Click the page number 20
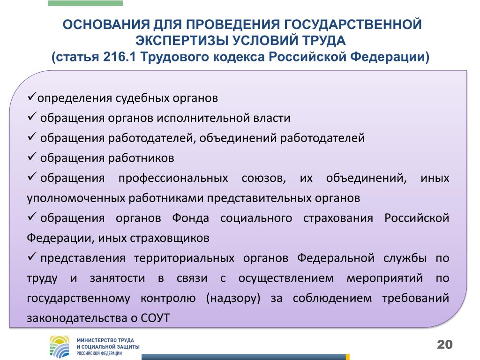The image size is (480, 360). (444, 345)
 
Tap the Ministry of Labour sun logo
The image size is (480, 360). (60, 346)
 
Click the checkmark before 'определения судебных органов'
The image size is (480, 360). (32, 97)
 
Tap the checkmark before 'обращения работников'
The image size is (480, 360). (32, 157)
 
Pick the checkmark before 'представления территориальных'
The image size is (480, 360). (32, 256)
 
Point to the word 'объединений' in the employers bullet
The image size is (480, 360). (238, 138)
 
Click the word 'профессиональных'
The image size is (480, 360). (173, 179)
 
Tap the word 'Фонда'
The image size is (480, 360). (190, 218)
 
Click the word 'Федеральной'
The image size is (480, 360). (336, 258)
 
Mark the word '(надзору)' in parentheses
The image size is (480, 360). (233, 298)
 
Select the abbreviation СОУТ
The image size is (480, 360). (155, 318)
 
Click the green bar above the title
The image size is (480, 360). (85, 3)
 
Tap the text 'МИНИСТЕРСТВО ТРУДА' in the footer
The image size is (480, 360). (105, 340)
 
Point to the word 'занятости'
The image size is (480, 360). (117, 278)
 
